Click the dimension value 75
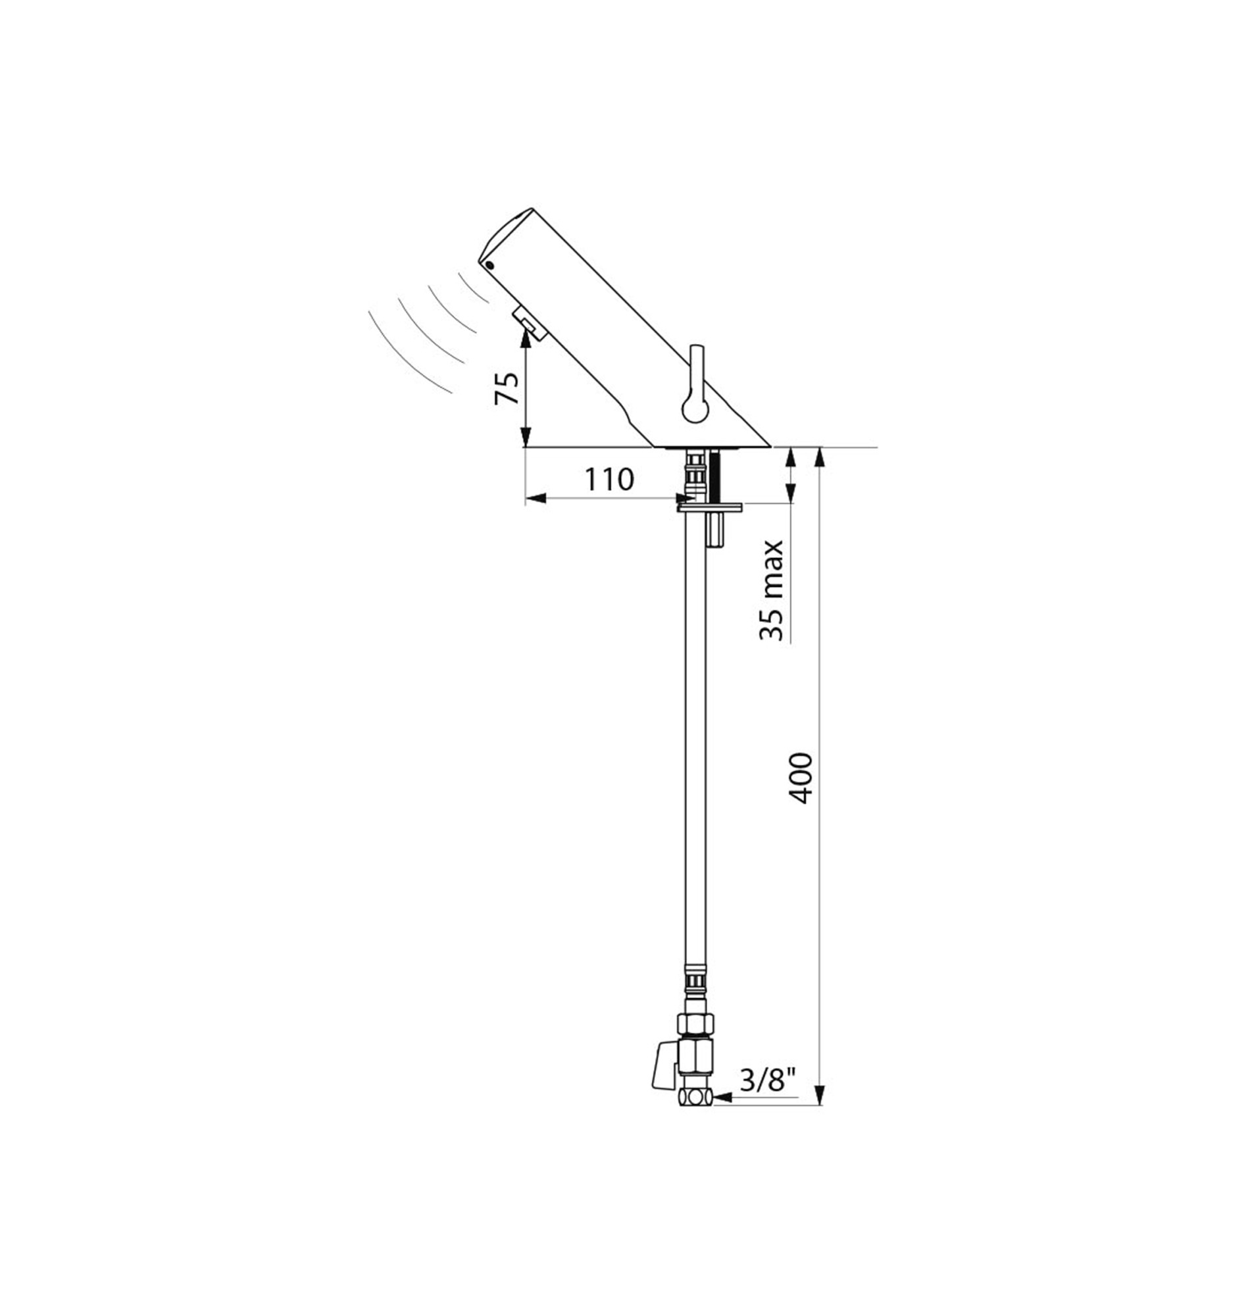[507, 388]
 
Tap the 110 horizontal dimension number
[609, 478]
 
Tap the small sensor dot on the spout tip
[491, 265]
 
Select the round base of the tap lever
[695, 407]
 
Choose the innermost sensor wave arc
[474, 288]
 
